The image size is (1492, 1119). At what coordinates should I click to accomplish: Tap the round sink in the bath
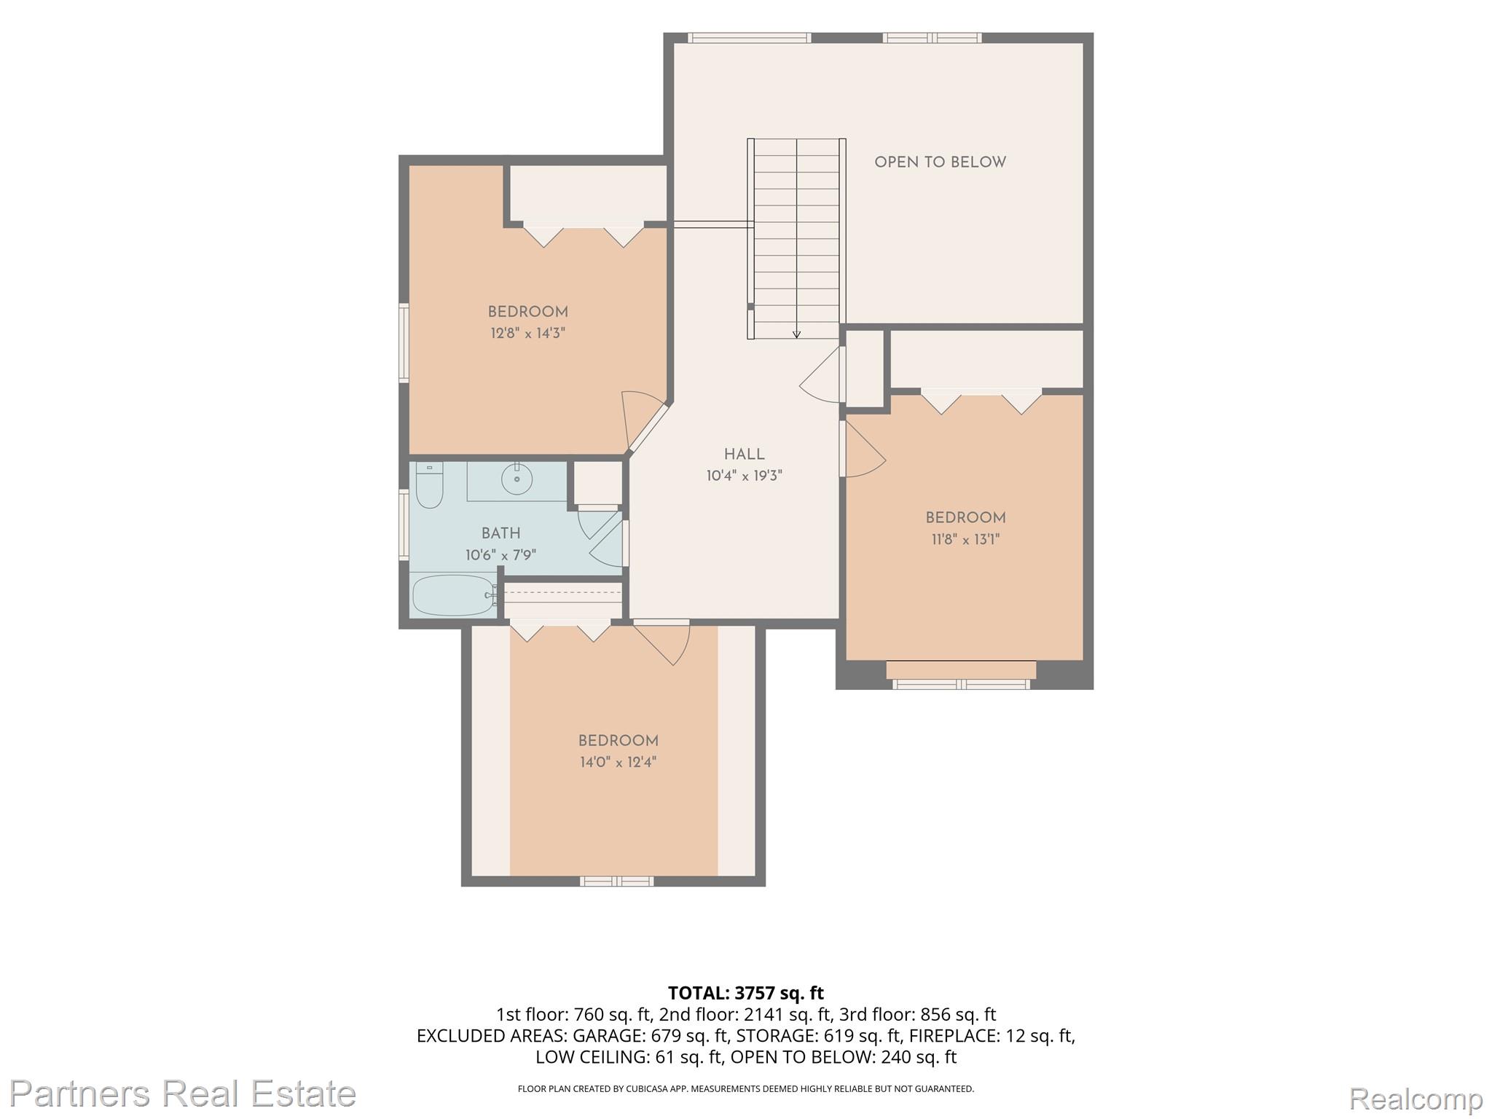tap(517, 479)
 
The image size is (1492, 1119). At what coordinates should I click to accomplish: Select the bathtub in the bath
tap(453, 595)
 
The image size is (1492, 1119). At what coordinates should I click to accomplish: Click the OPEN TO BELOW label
tap(940, 162)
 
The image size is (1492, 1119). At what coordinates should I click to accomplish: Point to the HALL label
tap(744, 455)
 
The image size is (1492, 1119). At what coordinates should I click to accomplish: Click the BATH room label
tap(500, 533)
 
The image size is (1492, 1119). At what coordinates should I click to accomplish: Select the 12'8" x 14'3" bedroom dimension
tap(527, 334)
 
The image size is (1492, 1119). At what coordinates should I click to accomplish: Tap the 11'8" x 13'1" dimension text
tap(965, 540)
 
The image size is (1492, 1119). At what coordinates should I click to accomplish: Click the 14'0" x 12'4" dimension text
tap(618, 763)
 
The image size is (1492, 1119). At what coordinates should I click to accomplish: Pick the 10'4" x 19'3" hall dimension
tap(744, 476)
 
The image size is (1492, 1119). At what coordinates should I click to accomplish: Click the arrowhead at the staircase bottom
tap(796, 334)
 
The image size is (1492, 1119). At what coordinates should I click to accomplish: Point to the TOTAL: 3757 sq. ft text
tap(746, 993)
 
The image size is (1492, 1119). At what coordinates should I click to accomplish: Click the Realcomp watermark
tap(1416, 1098)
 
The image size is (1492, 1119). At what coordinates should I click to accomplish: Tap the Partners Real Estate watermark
tap(182, 1094)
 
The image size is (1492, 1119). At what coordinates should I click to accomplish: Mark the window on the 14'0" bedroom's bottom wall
tap(616, 882)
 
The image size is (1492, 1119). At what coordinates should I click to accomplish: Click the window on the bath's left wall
tap(404, 525)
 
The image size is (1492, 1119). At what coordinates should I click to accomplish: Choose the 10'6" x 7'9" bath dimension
tap(500, 556)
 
